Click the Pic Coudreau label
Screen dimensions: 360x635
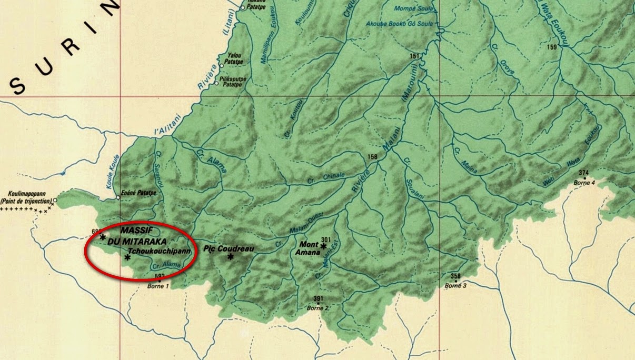pyautogui.click(x=225, y=247)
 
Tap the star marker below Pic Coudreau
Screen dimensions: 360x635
pyautogui.click(x=230, y=257)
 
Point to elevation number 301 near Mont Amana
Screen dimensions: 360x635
pyautogui.click(x=325, y=239)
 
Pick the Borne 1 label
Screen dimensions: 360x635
pyautogui.click(x=160, y=287)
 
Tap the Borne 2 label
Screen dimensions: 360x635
pyautogui.click(x=318, y=308)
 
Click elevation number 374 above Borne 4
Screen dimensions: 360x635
pyautogui.click(x=583, y=173)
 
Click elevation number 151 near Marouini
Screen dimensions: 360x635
pyautogui.click(x=414, y=56)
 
